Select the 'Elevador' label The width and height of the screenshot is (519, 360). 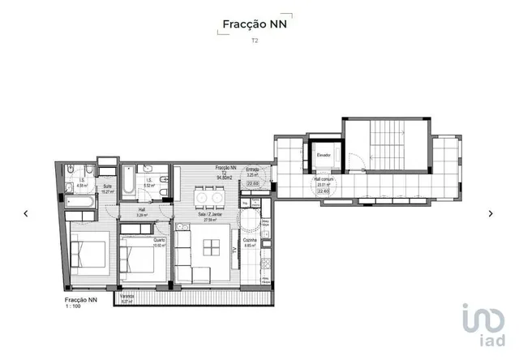coord(324,153)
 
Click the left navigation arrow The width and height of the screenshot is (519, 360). coord(26,213)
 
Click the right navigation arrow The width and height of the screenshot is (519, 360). coord(491,213)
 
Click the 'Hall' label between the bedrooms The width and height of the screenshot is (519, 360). coord(142,209)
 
